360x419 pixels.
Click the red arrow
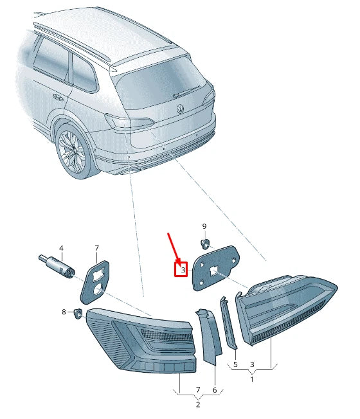click(174, 249)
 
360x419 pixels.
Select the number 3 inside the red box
click(183, 271)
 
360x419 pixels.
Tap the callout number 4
click(61, 248)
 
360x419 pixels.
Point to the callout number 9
click(204, 226)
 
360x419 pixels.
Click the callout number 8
click(64, 312)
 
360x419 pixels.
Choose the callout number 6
click(215, 389)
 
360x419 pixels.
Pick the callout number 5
click(235, 365)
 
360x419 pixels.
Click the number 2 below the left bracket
click(197, 404)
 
